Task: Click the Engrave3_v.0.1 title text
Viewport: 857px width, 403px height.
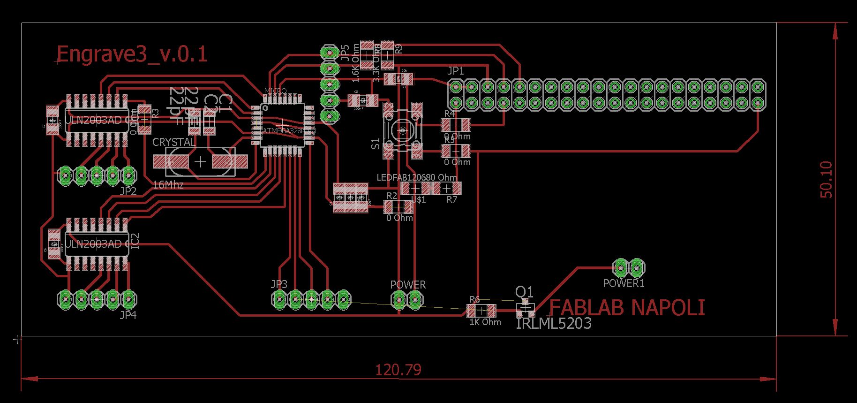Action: (131, 54)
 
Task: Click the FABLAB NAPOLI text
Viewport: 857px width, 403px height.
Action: (627, 308)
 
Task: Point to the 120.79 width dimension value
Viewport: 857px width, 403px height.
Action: (398, 370)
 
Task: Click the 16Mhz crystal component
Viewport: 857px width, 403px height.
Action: (200, 162)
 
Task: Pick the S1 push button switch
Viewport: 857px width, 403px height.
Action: (402, 131)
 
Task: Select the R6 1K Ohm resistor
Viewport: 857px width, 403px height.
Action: (481, 311)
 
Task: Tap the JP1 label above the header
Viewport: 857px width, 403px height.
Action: (455, 71)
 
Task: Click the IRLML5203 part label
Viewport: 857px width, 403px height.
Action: (553, 324)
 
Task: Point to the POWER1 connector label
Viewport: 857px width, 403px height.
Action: (624, 283)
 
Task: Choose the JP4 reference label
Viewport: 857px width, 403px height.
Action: (128, 315)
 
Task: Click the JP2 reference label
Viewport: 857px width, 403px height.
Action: (128, 191)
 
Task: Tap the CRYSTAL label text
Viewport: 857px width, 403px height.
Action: (174, 142)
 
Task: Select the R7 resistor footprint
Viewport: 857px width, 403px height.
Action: (446, 189)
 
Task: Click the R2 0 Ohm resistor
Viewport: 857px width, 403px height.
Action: (398, 206)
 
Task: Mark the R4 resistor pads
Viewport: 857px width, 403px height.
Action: (455, 125)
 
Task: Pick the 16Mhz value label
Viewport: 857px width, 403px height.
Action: (168, 185)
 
